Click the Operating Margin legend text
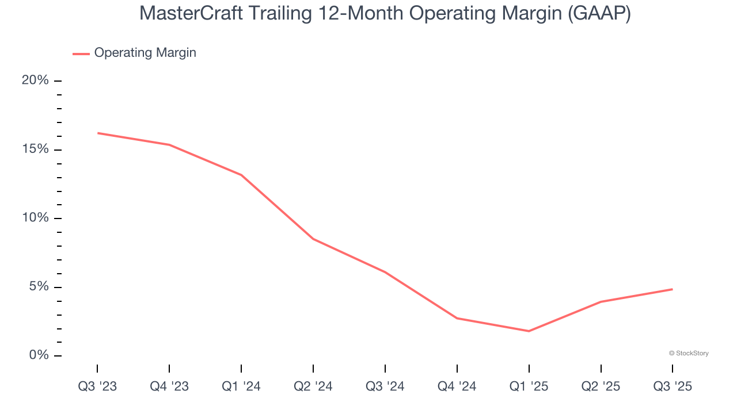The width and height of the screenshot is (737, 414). point(145,53)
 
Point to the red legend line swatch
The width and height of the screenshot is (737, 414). point(81,53)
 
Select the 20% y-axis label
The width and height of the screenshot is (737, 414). point(35,80)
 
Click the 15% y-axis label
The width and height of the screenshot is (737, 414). point(35,149)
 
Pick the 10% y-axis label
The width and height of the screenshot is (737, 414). point(35,218)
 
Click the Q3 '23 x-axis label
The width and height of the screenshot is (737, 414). point(97,386)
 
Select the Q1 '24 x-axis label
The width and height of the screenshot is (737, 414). point(241,386)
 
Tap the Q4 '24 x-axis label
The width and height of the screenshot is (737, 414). point(457,386)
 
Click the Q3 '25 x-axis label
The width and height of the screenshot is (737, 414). point(673,386)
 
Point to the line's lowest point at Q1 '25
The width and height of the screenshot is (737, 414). point(529,331)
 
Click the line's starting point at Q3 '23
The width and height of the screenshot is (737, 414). point(98,133)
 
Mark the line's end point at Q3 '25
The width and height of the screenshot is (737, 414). point(672,289)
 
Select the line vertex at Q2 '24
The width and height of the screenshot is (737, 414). point(313,239)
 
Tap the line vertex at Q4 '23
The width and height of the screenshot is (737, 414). point(169,145)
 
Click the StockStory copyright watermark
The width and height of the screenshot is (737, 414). point(689,353)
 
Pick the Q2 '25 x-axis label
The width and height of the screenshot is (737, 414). point(601,386)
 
